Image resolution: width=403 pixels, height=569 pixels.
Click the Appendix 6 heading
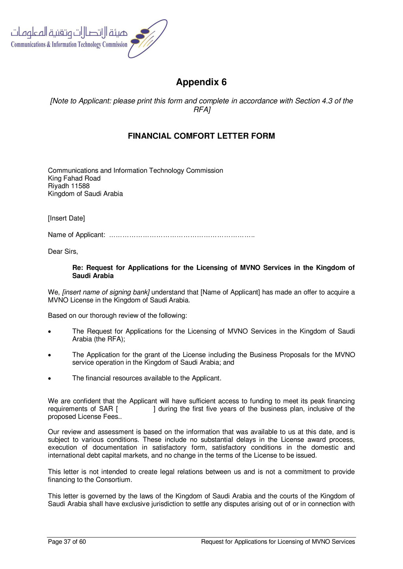(x=201, y=82)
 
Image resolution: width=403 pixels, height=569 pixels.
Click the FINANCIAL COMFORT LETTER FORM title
(x=201, y=136)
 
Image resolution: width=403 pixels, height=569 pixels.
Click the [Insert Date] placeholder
(x=66, y=218)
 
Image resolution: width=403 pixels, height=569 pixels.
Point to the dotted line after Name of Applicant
(x=181, y=235)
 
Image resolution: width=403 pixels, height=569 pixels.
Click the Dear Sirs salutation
(x=63, y=251)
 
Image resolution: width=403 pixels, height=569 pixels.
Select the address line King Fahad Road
(x=74, y=178)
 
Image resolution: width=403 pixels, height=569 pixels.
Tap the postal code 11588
(x=80, y=186)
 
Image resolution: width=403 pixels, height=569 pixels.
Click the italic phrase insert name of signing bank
(x=106, y=292)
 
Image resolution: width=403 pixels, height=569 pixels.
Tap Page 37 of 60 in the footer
(x=67, y=542)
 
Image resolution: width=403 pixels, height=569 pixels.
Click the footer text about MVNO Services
(x=278, y=542)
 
